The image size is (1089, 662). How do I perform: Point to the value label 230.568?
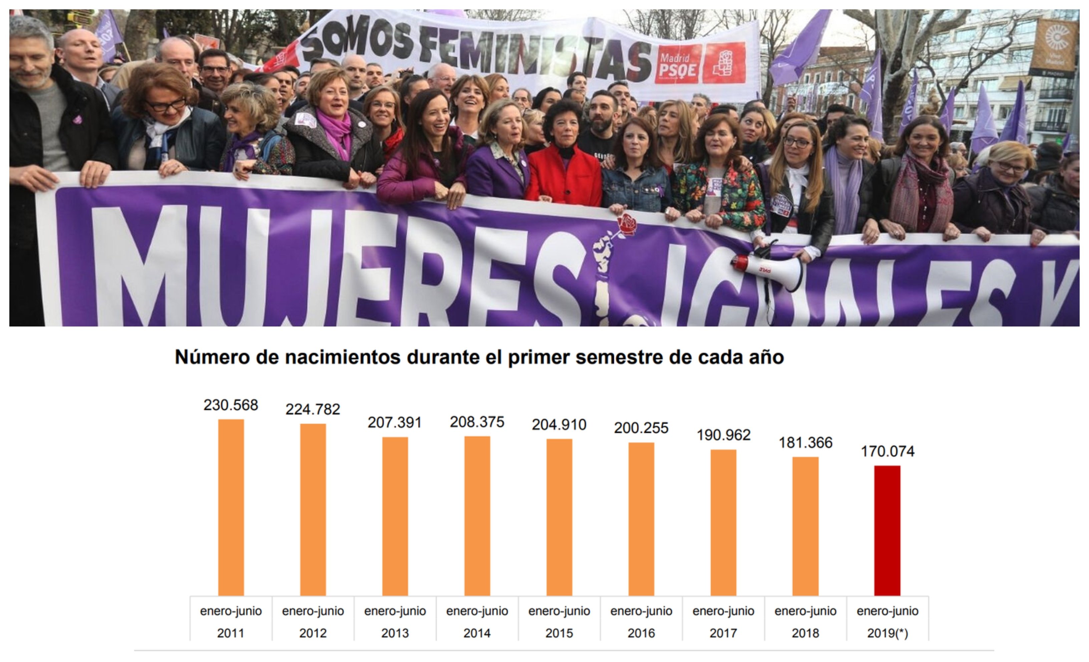click(x=231, y=405)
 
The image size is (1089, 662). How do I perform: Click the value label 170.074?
click(x=887, y=451)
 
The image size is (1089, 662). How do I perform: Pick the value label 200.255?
click(x=641, y=428)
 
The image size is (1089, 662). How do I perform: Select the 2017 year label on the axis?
click(x=723, y=633)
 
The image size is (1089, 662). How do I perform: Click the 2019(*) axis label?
click(x=887, y=633)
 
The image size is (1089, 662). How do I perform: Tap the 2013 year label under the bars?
click(x=395, y=633)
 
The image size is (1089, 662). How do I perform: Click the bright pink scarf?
click(x=336, y=130)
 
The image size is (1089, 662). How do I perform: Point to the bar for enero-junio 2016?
click(x=641, y=519)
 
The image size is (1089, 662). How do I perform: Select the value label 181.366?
click(x=805, y=442)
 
